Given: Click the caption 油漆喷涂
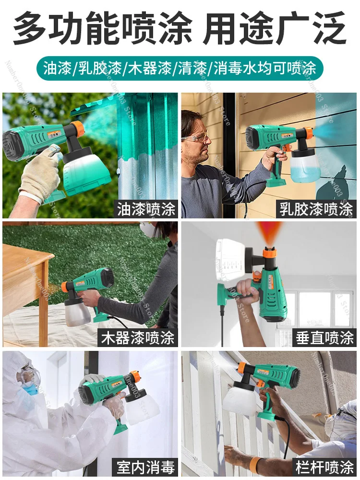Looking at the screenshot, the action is pyautogui.click(x=146, y=209).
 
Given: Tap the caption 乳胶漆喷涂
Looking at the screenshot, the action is pyautogui.click(x=316, y=209).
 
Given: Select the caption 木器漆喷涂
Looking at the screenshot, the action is pyautogui.click(x=137, y=338).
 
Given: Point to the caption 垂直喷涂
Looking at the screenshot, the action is pyautogui.click(x=324, y=338).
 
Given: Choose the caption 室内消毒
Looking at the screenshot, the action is pyautogui.click(x=146, y=467).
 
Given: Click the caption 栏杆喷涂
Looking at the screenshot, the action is pyautogui.click(x=324, y=467).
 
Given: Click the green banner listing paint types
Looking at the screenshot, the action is pyautogui.click(x=180, y=68).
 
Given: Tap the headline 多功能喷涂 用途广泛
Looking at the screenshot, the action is pyautogui.click(x=180, y=28).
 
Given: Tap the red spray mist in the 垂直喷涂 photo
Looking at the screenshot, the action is pyautogui.click(x=269, y=231).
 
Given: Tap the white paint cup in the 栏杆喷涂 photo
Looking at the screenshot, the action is pyautogui.click(x=240, y=399).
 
